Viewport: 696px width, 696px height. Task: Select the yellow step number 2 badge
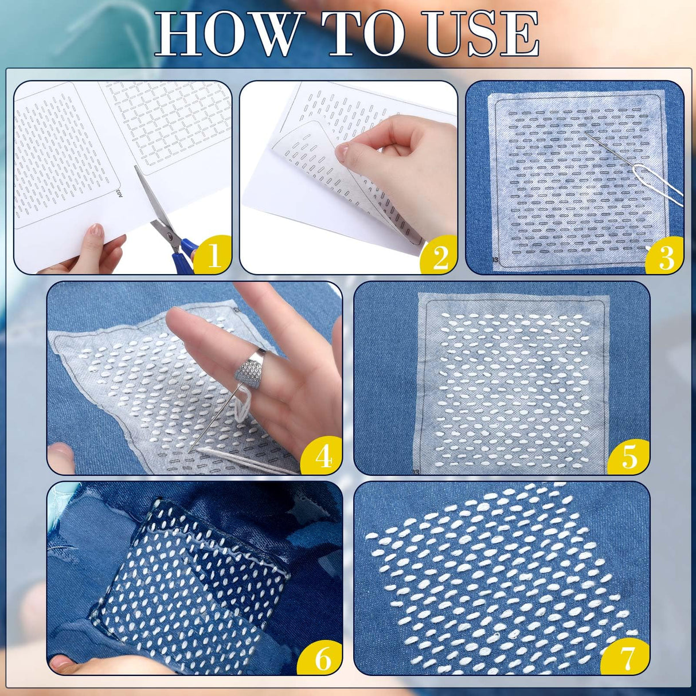[440, 256]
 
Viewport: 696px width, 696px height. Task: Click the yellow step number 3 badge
[666, 256]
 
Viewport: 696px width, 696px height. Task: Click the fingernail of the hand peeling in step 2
[342, 151]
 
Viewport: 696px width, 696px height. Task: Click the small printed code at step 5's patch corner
[415, 471]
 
